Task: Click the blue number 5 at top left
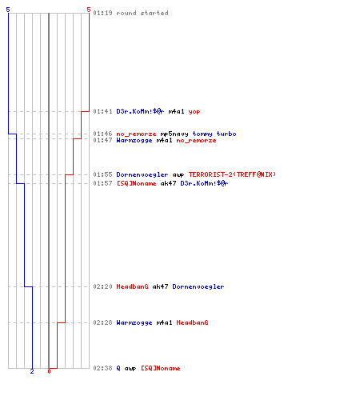pos(8,10)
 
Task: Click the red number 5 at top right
pos(89,10)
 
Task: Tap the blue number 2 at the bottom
pos(32,371)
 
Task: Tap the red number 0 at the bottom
pos(49,371)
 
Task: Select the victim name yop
pos(194,112)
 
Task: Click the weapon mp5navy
pos(174,134)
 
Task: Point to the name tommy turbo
pos(214,134)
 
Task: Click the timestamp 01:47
pos(102,140)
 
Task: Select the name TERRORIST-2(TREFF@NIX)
pos(232,174)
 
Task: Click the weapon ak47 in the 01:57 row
pos(168,183)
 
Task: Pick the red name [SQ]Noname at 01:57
pos(136,183)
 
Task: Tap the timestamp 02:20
pos(102,286)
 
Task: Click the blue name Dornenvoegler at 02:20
pos(198,286)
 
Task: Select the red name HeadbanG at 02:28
pos(192,322)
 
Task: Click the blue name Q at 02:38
pos(118,368)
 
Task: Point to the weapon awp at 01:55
pos(178,175)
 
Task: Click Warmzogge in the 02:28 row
pos(134,323)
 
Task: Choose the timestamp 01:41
pos(102,111)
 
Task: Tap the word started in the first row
pos(154,13)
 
